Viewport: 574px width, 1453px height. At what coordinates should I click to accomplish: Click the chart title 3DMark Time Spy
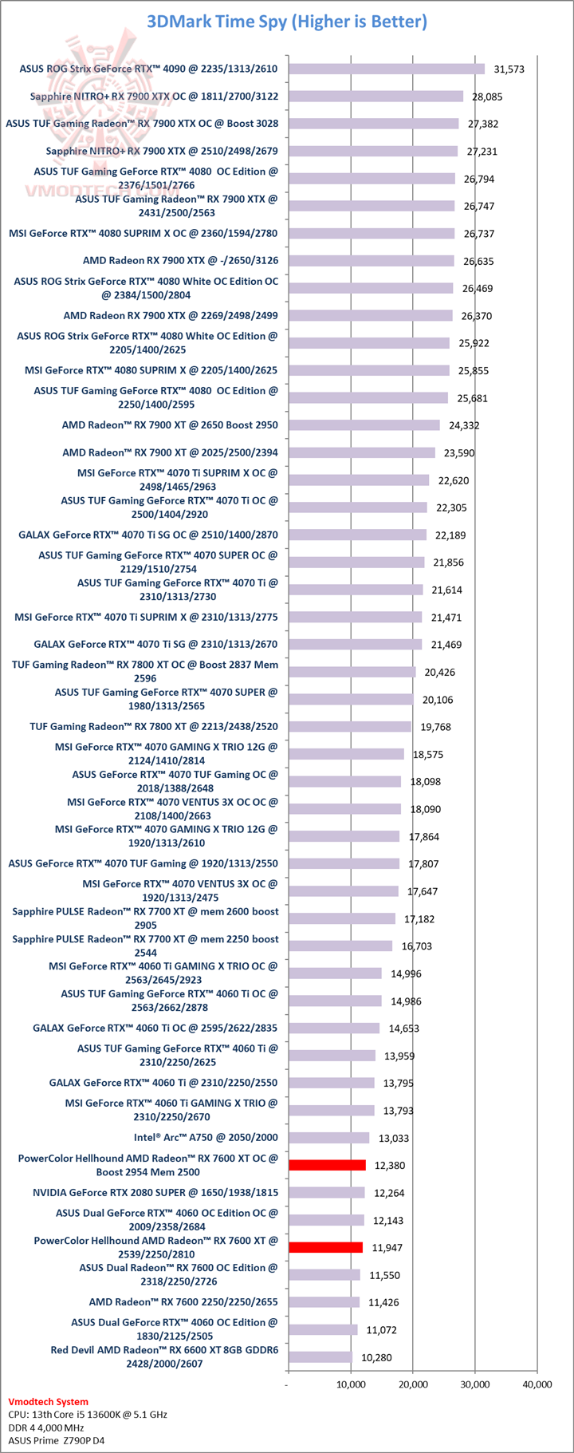tap(287, 22)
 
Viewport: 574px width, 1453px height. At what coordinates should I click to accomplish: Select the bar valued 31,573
tap(386, 69)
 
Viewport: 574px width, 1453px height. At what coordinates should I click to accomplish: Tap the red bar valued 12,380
tap(327, 1165)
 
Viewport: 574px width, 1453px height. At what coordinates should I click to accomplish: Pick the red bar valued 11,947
tap(325, 1247)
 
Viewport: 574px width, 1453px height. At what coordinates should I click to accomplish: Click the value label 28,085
tap(487, 97)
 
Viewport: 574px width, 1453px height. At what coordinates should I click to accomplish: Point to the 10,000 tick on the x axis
tap(350, 1384)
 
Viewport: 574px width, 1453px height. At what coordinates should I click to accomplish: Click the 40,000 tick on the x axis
tap(537, 1384)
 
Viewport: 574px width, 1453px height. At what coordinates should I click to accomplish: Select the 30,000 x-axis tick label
tap(474, 1384)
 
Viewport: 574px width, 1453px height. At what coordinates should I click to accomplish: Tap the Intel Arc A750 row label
tap(206, 1137)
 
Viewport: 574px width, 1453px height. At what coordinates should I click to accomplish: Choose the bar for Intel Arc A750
tap(328, 1138)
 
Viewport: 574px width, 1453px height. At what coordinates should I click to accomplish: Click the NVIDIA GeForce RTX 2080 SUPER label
tap(155, 1192)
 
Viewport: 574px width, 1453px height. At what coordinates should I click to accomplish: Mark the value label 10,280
tap(376, 1357)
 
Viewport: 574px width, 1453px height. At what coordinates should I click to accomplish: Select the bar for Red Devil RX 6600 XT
tap(320, 1357)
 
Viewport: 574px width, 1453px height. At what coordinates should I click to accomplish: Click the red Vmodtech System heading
tap(49, 1401)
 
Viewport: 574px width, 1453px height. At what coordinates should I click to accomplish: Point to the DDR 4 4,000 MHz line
tap(46, 1427)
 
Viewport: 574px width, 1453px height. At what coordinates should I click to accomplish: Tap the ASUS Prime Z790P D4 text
tap(57, 1440)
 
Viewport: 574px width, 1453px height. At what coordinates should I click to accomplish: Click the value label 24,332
tap(464, 425)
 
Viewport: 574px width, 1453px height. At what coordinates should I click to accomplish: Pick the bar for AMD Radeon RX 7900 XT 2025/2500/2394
tap(361, 452)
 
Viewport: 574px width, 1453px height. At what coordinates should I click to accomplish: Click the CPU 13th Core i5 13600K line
tap(88, 1414)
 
